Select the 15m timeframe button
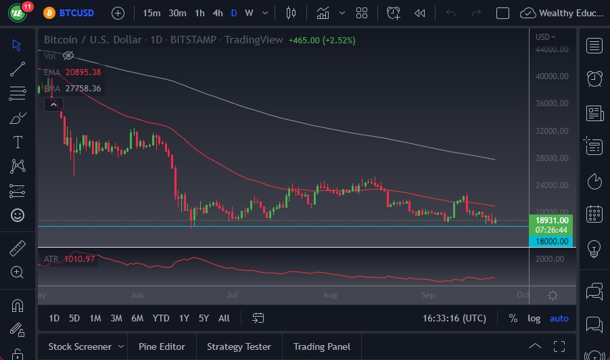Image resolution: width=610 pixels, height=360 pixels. click(152, 13)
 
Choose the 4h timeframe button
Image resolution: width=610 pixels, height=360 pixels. click(218, 13)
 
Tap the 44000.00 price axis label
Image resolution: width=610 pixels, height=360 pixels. click(552, 49)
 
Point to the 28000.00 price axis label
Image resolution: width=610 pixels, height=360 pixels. click(552, 158)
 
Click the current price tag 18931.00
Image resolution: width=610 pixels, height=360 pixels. click(552, 220)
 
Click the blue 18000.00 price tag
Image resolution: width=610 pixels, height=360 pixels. click(552, 241)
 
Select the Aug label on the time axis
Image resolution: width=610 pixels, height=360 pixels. click(330, 295)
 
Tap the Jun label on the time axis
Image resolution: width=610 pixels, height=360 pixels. click(137, 295)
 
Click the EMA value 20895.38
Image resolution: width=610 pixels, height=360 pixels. click(83, 72)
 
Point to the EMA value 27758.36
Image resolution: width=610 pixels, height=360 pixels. click(83, 89)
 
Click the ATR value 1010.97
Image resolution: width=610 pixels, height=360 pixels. click(79, 259)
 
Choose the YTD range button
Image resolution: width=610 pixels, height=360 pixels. click(161, 318)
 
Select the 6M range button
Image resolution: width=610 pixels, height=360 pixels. click(137, 318)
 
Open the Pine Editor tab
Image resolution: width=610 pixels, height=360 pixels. click(162, 346)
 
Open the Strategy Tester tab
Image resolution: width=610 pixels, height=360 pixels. click(239, 346)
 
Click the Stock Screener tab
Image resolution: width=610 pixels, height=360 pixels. click(80, 346)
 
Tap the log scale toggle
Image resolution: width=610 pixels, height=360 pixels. click(534, 318)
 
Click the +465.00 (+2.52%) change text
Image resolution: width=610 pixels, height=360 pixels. click(322, 40)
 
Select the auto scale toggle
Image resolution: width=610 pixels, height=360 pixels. click(559, 318)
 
